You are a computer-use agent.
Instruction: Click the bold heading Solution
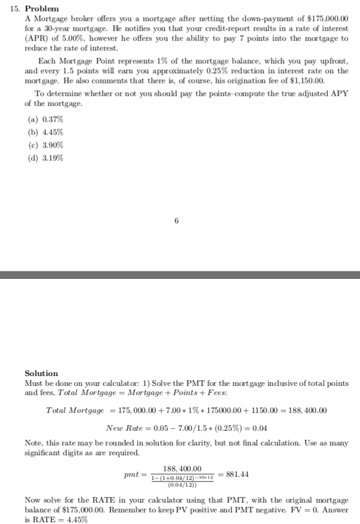[x=41, y=373]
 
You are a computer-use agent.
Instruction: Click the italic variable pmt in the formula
[x=130, y=474]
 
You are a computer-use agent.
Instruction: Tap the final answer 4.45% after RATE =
[x=77, y=520]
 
